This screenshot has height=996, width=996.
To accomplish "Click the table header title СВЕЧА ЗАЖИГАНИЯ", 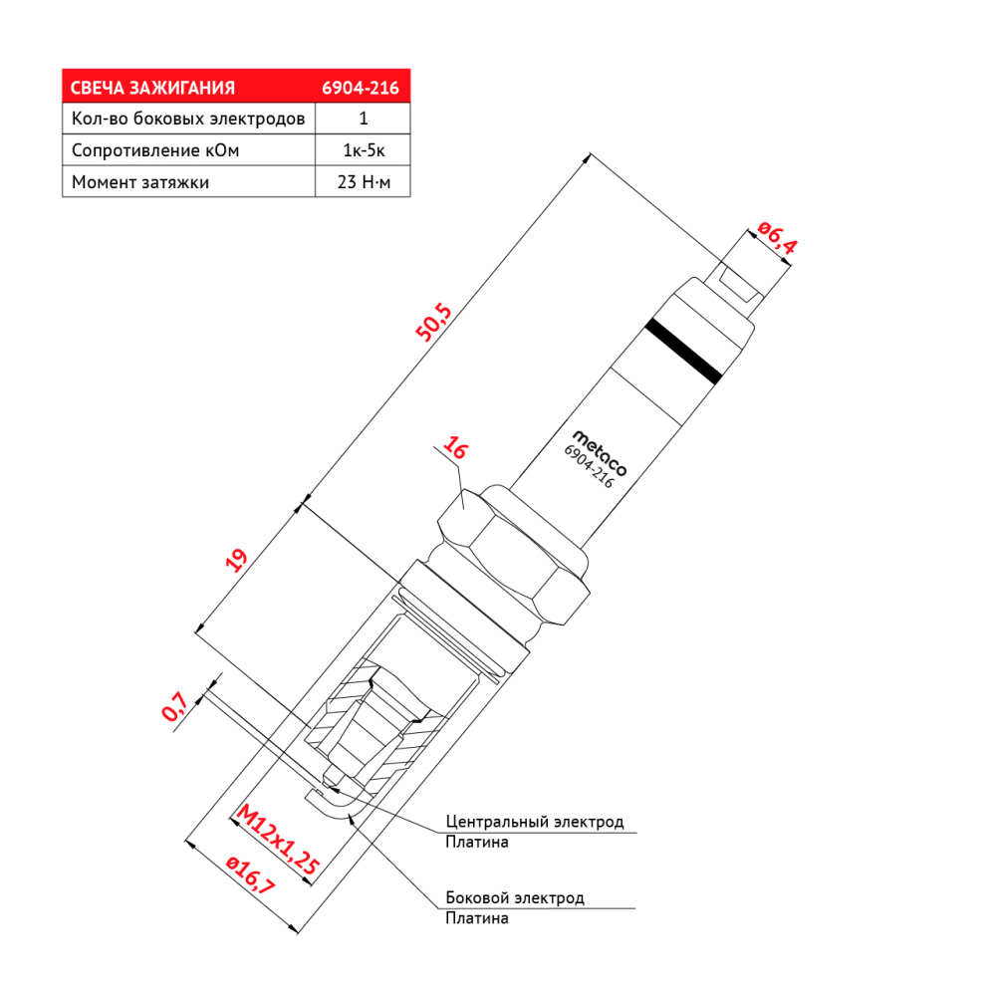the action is tap(152, 88).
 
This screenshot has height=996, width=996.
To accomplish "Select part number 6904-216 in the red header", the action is tap(361, 88).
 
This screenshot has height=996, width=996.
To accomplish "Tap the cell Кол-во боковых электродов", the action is tap(188, 119).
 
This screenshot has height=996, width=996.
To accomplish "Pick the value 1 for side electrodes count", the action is tap(364, 119).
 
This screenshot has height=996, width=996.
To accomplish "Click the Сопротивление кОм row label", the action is tap(155, 150).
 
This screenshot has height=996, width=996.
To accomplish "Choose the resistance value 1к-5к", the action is tap(364, 150).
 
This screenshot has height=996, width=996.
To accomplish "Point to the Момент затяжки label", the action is tap(139, 182).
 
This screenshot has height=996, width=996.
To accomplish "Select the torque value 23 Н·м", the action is tap(364, 182).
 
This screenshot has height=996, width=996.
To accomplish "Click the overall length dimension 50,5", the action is tap(433, 323).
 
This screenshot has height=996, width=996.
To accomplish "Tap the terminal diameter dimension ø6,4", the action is tap(777, 238).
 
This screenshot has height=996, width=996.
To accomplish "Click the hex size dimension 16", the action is tap(455, 448).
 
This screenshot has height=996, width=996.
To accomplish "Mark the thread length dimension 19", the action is tap(236, 560).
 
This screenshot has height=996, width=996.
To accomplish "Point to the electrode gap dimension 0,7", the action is tap(174, 706).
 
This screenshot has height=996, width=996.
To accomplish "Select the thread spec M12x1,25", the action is tap(277, 840).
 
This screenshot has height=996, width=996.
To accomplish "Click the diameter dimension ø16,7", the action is tap(251, 875).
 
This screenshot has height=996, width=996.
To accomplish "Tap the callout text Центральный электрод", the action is tap(534, 822).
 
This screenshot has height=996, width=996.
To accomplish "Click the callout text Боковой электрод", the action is tap(515, 897).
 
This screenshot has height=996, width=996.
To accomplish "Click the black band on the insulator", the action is tap(683, 352).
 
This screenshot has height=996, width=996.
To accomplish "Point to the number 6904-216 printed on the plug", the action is tap(589, 467).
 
